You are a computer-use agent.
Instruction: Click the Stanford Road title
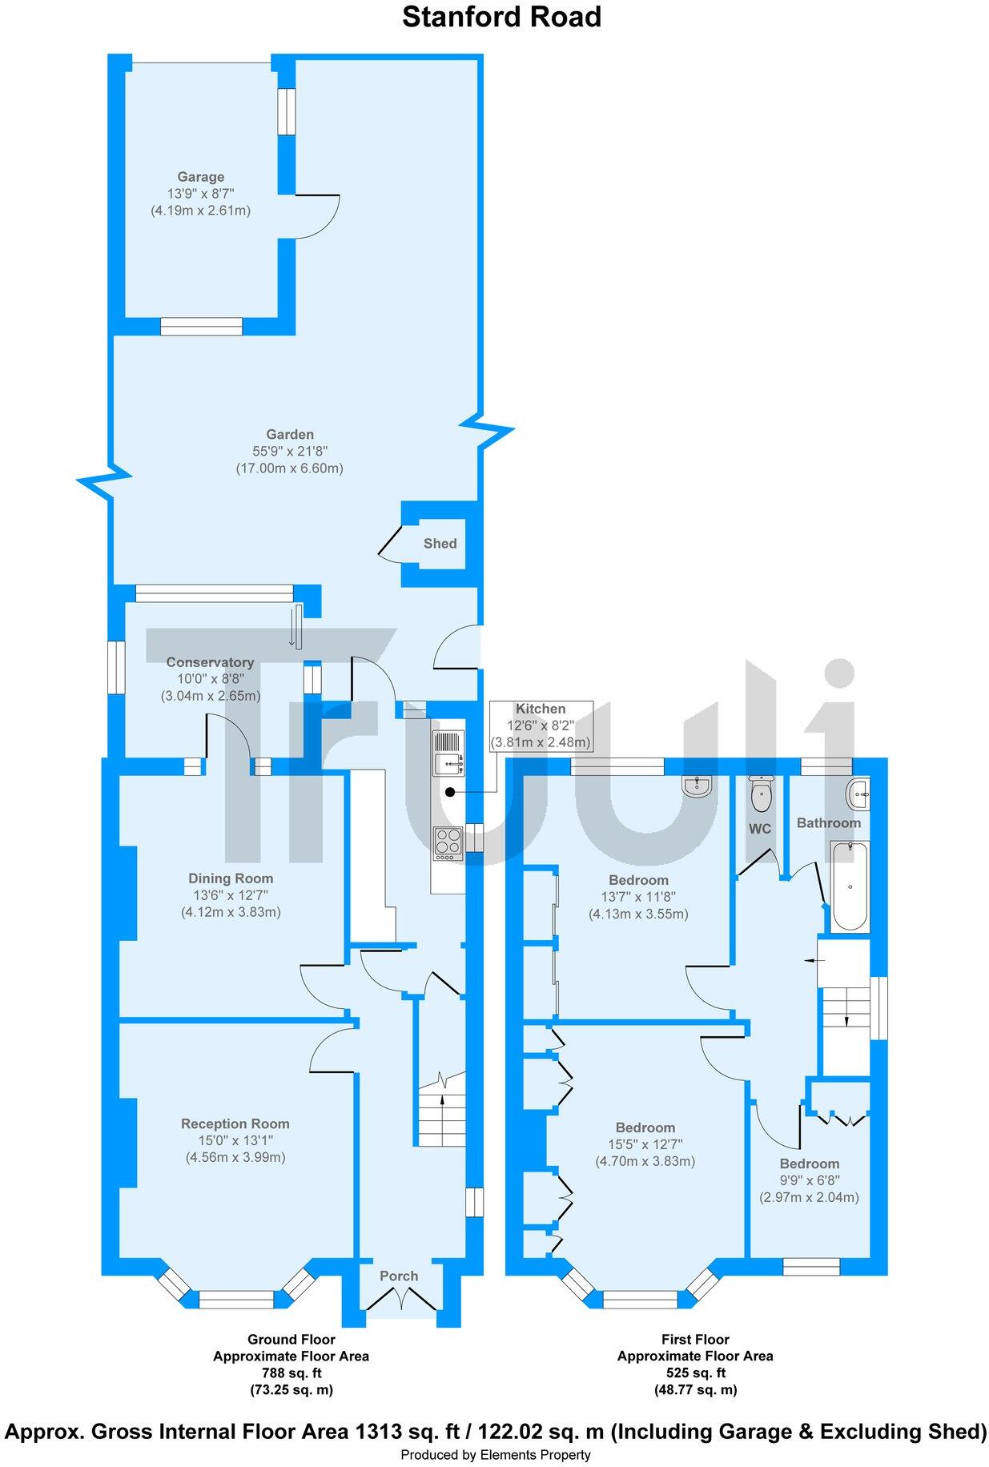coord(501,17)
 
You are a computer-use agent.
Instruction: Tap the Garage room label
coord(200,177)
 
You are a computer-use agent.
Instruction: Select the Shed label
coord(440,544)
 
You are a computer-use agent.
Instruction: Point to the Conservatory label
coord(210,662)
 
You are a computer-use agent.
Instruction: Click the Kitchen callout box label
coord(541,709)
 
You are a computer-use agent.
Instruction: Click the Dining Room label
coord(231,878)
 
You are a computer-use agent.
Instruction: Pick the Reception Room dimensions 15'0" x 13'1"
coord(235,1140)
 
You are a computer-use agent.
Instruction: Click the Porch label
coord(399,1276)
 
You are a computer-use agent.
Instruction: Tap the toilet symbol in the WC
coord(761,794)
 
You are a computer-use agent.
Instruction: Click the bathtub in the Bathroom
coord(850,886)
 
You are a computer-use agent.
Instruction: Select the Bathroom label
coord(829,823)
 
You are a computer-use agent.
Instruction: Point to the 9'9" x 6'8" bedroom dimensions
coord(809,1181)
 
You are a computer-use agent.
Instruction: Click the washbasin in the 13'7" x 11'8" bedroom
coord(698,786)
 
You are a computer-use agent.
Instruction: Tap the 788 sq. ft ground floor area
coord(291,1373)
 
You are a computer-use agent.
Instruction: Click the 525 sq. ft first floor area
coord(694,1373)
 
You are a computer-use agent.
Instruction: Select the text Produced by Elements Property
coord(495,1455)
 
